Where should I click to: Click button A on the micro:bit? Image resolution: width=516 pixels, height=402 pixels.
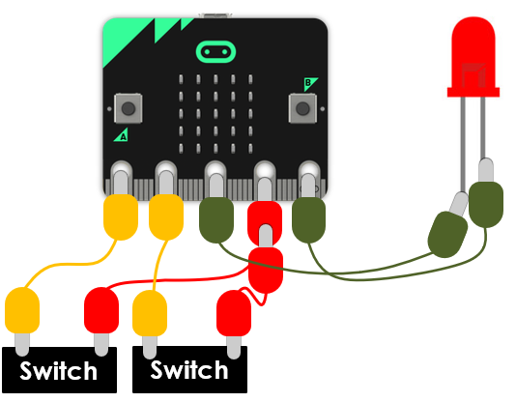[x=129, y=108]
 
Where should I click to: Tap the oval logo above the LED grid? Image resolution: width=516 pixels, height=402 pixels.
[x=215, y=52]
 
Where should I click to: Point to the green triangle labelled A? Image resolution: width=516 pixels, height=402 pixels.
[x=122, y=135]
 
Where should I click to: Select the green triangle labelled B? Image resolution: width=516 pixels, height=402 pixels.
[x=310, y=83]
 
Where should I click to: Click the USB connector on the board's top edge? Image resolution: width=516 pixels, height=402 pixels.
[x=215, y=15]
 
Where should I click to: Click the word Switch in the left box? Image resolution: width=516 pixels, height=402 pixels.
[x=58, y=371]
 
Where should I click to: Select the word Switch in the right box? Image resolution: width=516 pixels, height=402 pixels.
[x=188, y=370]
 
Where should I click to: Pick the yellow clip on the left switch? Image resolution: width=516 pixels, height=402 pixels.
[x=22, y=310]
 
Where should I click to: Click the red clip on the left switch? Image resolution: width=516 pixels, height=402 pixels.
[x=101, y=310]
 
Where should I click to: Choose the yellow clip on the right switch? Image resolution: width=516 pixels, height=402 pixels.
[x=150, y=313]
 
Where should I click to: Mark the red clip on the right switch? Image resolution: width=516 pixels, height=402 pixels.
[x=234, y=313]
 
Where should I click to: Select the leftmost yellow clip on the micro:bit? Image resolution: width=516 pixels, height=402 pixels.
[x=121, y=217]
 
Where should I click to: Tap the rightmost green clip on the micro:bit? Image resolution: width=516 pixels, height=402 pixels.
[x=308, y=220]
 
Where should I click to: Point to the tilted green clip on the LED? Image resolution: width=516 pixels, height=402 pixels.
[x=447, y=234]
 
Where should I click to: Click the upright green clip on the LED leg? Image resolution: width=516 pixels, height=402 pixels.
[x=486, y=204]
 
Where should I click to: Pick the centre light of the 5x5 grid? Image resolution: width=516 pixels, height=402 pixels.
[x=215, y=114]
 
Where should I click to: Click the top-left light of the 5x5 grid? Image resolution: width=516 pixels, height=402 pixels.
[x=181, y=79]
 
